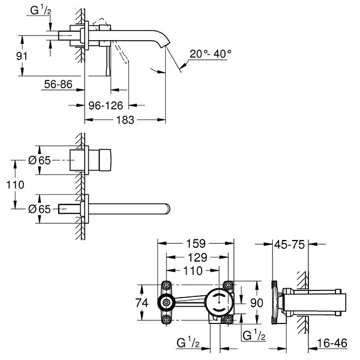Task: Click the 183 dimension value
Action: click(x=125, y=120)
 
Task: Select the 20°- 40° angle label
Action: click(x=211, y=54)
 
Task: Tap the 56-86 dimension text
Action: click(x=58, y=84)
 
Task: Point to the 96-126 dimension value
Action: click(x=106, y=106)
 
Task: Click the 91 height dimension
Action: click(x=22, y=56)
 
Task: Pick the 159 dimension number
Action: click(x=196, y=244)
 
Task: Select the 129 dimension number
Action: click(x=197, y=257)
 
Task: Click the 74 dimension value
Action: click(x=142, y=303)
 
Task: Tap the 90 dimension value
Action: click(x=256, y=303)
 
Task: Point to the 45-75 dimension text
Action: click(x=290, y=245)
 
